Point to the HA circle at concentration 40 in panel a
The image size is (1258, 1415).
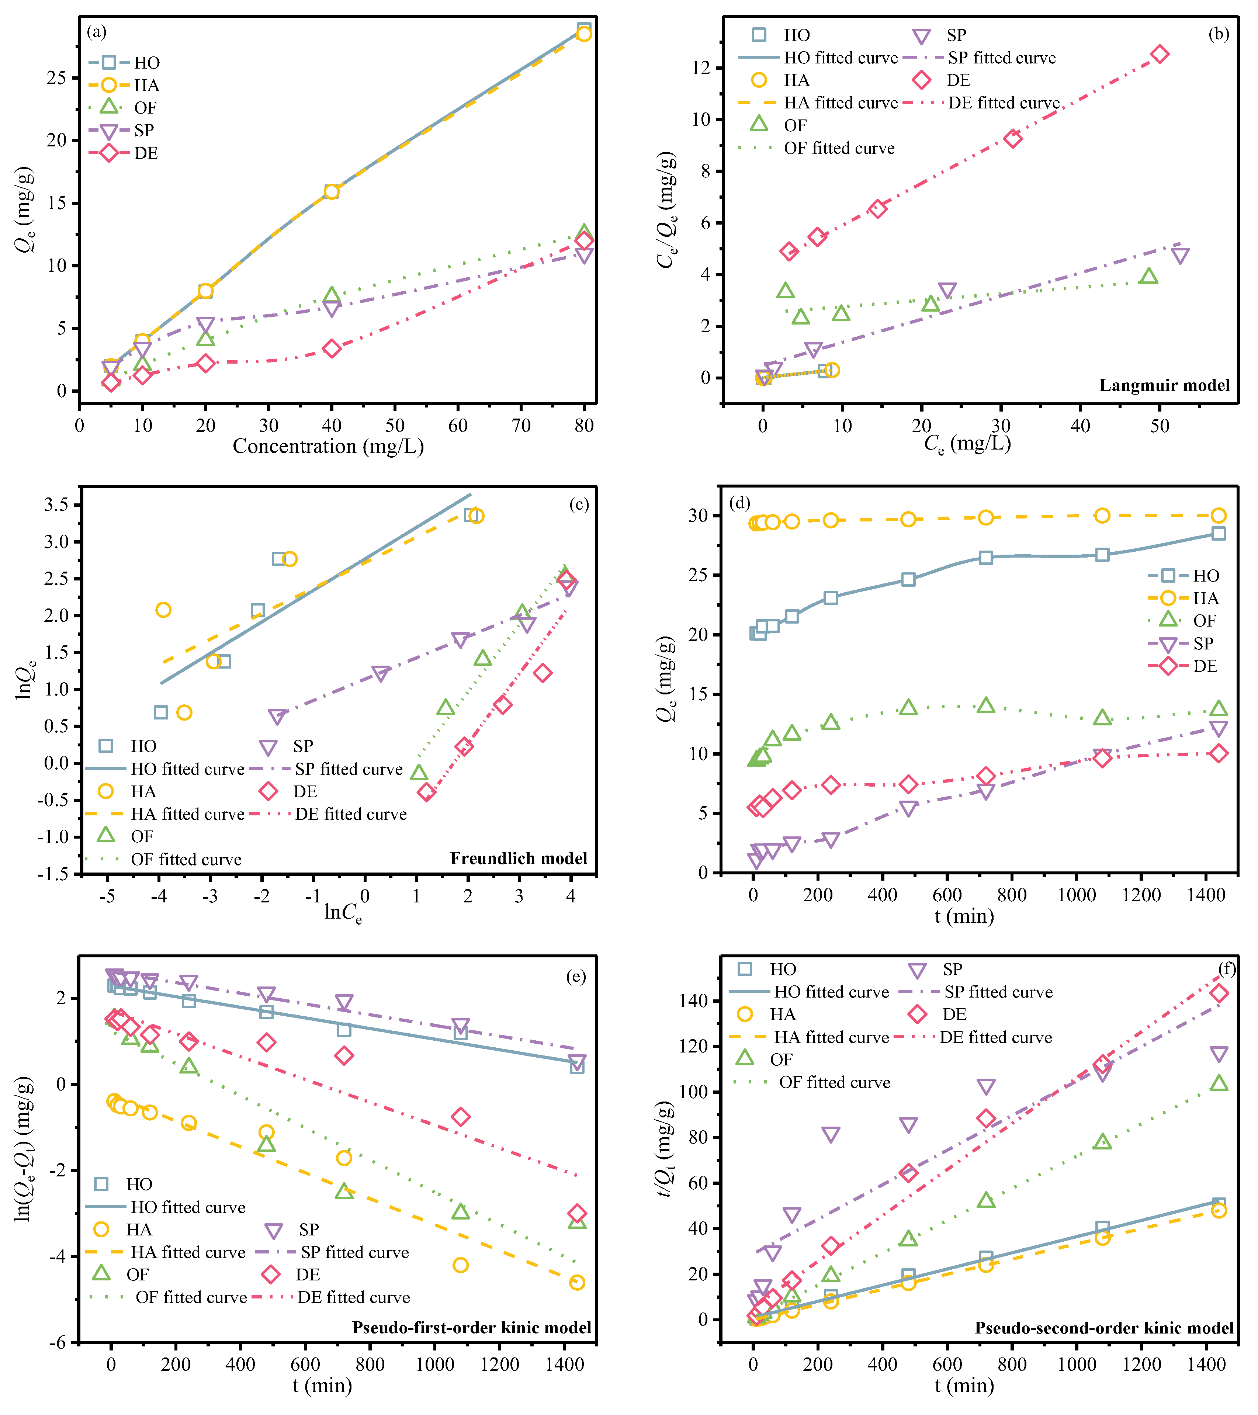coord(332,191)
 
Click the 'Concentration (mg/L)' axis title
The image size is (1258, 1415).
coord(328,447)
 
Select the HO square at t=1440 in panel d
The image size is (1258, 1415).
coord(1219,533)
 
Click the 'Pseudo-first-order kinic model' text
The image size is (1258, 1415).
coord(471,1327)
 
